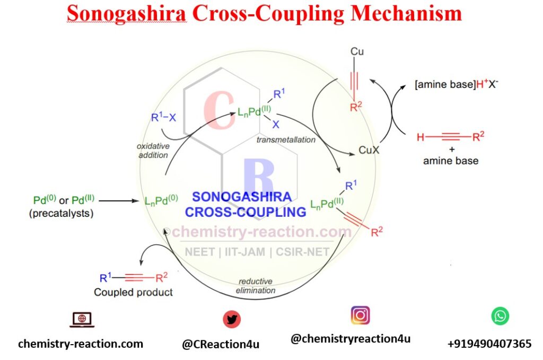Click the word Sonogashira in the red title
[126, 14]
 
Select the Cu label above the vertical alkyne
[357, 51]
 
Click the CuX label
[369, 150]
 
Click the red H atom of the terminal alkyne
[421, 137]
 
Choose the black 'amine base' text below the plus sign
[451, 161]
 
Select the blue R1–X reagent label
[163, 117]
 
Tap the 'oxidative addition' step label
[153, 151]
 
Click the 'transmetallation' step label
[286, 140]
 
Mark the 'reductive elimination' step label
[256, 286]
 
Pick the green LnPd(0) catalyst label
[161, 200]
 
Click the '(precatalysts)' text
[62, 213]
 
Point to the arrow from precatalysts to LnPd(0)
[119, 201]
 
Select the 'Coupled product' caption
[133, 292]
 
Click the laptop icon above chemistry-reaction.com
[82, 320]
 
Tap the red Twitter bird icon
[232, 319]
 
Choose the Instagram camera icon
[361, 315]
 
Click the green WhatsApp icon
[500, 316]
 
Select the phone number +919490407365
[489, 344]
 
